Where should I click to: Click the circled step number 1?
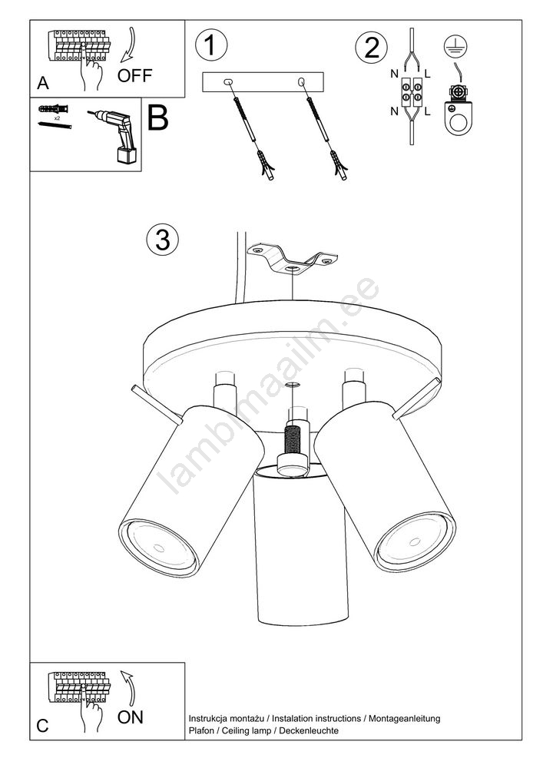click(211, 45)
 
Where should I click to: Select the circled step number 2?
click(371, 48)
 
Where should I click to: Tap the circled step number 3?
click(163, 240)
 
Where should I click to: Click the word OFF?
click(134, 75)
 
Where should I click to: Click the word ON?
click(131, 717)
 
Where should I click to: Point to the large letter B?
click(157, 118)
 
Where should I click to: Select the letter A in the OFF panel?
click(43, 83)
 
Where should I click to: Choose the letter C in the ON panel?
click(42, 726)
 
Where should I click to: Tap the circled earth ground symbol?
click(455, 47)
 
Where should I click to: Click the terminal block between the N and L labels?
click(412, 93)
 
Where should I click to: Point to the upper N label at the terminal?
click(394, 74)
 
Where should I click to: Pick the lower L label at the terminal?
click(428, 111)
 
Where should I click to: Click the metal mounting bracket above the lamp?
click(293, 260)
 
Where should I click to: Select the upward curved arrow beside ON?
click(127, 688)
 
